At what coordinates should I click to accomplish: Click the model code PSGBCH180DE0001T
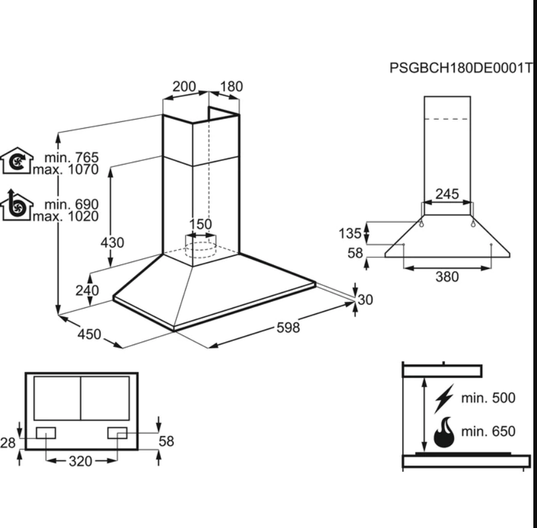(x=460, y=68)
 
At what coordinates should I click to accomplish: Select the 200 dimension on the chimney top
(x=184, y=87)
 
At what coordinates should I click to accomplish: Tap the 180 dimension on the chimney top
(x=231, y=87)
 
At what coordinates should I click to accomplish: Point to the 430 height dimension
(x=112, y=243)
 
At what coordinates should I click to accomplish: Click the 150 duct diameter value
(x=200, y=224)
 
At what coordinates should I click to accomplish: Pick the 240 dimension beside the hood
(x=87, y=290)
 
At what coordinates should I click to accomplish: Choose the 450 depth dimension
(x=89, y=334)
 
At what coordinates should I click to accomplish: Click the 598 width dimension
(x=288, y=327)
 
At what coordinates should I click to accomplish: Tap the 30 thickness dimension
(x=365, y=299)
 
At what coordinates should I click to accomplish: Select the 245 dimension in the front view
(x=447, y=194)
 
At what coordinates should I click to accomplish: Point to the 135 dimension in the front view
(x=350, y=233)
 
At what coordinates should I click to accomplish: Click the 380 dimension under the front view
(x=447, y=277)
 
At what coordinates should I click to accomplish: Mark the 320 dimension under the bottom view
(x=80, y=461)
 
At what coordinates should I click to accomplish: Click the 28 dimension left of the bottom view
(x=8, y=442)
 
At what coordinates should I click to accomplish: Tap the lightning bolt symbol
(x=444, y=399)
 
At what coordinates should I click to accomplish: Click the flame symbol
(x=444, y=432)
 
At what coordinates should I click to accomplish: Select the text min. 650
(x=488, y=432)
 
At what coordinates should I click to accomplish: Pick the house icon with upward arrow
(x=16, y=206)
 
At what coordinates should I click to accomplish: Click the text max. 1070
(x=66, y=169)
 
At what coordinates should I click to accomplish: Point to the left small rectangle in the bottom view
(x=46, y=433)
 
